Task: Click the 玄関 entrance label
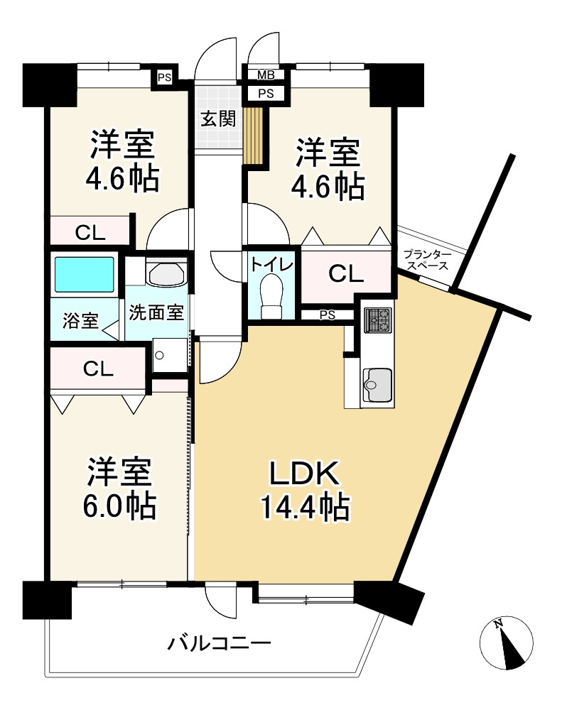click(x=217, y=119)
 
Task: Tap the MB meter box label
click(x=266, y=75)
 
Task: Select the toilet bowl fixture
click(x=271, y=297)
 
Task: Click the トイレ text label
click(x=271, y=265)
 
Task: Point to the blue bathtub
click(x=84, y=273)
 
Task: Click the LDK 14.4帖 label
click(x=304, y=490)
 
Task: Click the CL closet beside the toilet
click(x=346, y=273)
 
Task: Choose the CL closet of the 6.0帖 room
click(x=97, y=368)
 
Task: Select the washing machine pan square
click(x=170, y=354)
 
